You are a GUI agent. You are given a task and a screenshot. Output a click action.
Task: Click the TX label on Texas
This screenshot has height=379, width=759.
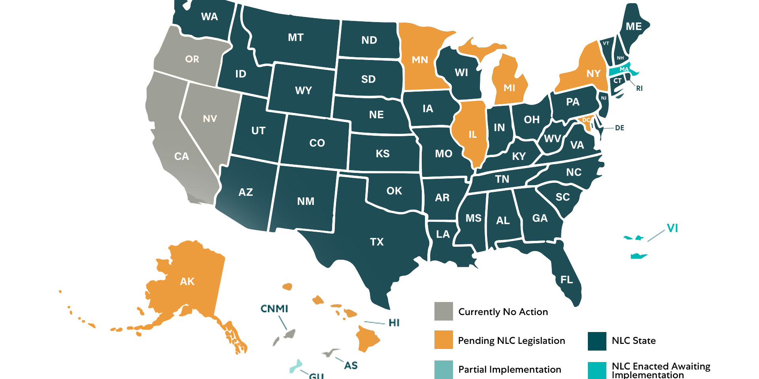tap(377, 242)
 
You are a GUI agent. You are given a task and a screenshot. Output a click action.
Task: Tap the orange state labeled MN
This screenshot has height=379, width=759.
tap(420, 60)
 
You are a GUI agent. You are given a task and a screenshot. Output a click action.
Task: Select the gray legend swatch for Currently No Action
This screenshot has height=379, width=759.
tap(444, 311)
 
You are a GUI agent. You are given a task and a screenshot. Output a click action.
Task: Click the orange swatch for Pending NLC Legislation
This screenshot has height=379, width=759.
tap(444, 340)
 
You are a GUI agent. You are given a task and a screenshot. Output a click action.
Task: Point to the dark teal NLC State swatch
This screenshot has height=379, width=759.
tap(597, 341)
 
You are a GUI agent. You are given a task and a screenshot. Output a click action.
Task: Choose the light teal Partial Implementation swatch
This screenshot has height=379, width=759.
tap(444, 370)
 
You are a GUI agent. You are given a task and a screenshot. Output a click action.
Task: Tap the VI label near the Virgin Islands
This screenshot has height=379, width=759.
tap(672, 228)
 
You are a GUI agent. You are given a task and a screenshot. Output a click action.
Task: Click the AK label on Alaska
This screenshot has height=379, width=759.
tap(187, 281)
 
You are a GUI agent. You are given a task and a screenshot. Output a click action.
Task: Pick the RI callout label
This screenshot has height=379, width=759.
tap(639, 88)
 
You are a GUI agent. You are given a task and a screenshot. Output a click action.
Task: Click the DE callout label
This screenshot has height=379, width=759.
tap(619, 128)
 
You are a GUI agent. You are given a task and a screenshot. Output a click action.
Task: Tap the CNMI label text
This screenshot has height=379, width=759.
tap(274, 309)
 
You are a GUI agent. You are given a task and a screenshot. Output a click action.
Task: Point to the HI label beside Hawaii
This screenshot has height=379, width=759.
tap(394, 323)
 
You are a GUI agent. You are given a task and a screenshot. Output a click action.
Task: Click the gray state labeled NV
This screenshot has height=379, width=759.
tap(210, 119)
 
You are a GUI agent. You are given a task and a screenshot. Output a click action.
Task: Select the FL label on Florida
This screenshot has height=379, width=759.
tap(566, 280)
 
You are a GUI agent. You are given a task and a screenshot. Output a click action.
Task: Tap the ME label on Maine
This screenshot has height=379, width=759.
tap(634, 26)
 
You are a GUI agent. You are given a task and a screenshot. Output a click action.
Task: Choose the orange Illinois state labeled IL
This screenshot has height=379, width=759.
tap(472, 135)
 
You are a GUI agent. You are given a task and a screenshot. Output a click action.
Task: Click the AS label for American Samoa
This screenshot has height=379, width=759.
tap(351, 366)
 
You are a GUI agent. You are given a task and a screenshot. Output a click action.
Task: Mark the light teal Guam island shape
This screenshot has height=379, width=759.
tap(296, 366)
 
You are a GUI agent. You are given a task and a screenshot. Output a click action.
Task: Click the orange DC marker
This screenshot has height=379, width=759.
tap(586, 120)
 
